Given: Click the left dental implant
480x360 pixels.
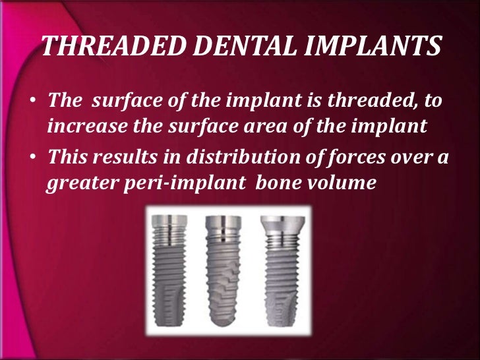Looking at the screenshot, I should point(172,270).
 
